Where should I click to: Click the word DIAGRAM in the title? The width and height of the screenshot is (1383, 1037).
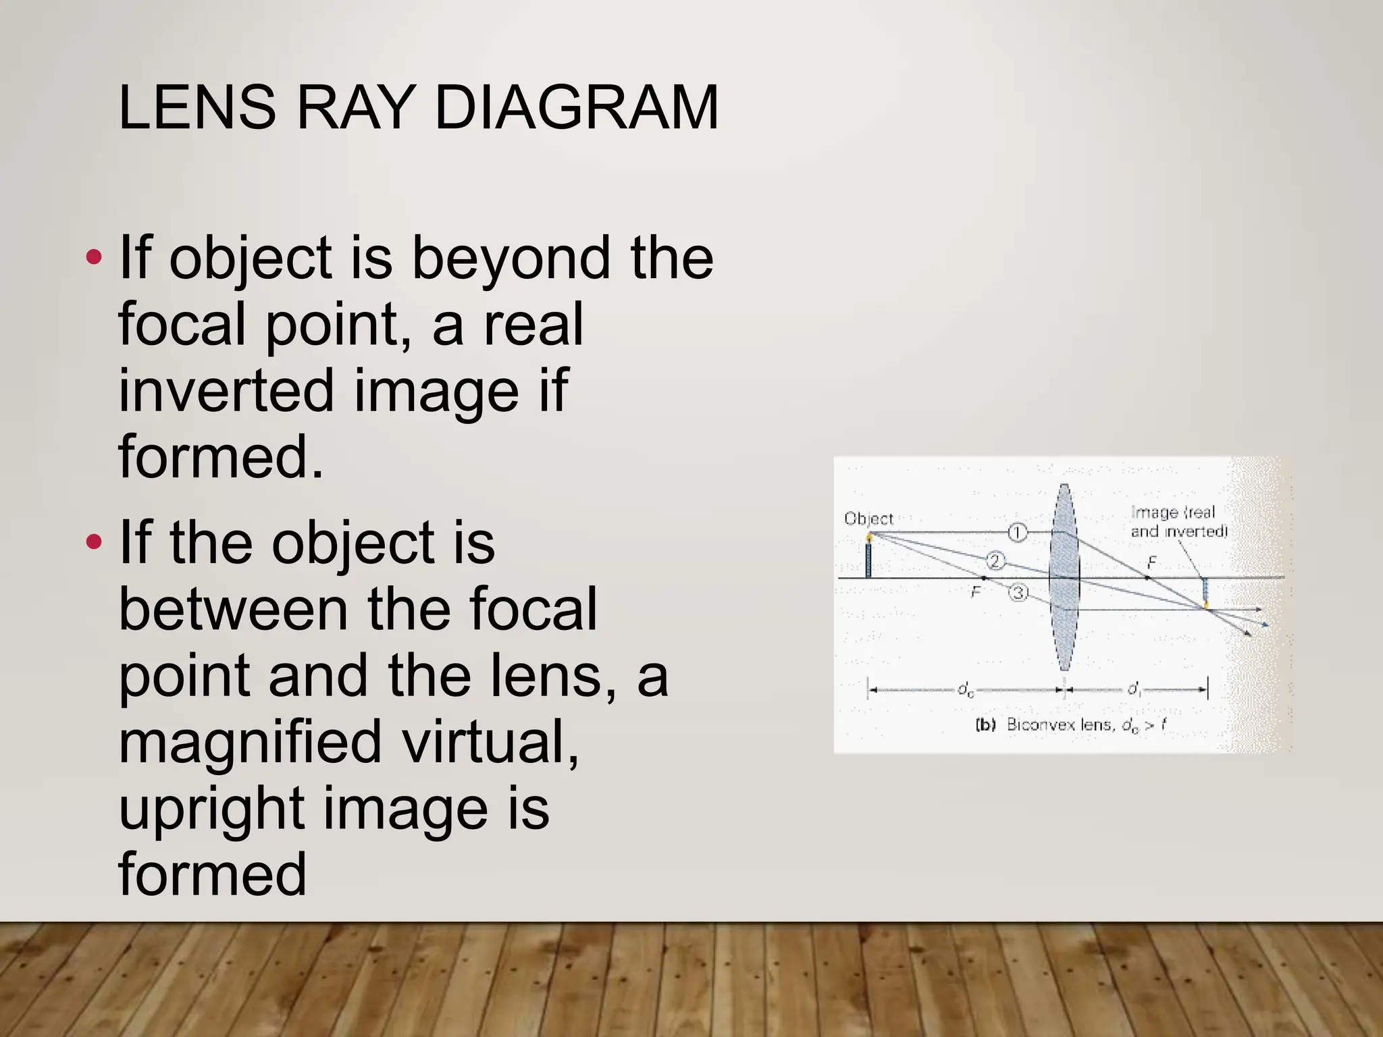576,107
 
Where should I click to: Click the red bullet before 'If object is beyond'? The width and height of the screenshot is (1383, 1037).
94,257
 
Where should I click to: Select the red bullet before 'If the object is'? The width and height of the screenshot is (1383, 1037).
94,541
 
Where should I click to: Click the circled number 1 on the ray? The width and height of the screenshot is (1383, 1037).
1017,533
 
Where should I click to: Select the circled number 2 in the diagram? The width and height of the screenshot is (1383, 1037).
995,560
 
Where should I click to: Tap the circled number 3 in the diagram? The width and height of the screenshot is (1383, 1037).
1018,593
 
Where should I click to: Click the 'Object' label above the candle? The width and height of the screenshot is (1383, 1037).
868,518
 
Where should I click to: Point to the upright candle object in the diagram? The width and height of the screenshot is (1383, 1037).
868,557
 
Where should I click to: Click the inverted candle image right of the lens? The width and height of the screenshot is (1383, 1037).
1205,593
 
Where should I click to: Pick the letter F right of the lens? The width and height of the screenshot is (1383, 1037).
1152,562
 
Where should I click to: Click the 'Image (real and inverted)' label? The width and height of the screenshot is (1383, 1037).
1178,522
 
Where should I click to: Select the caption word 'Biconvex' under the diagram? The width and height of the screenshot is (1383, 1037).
1040,725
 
